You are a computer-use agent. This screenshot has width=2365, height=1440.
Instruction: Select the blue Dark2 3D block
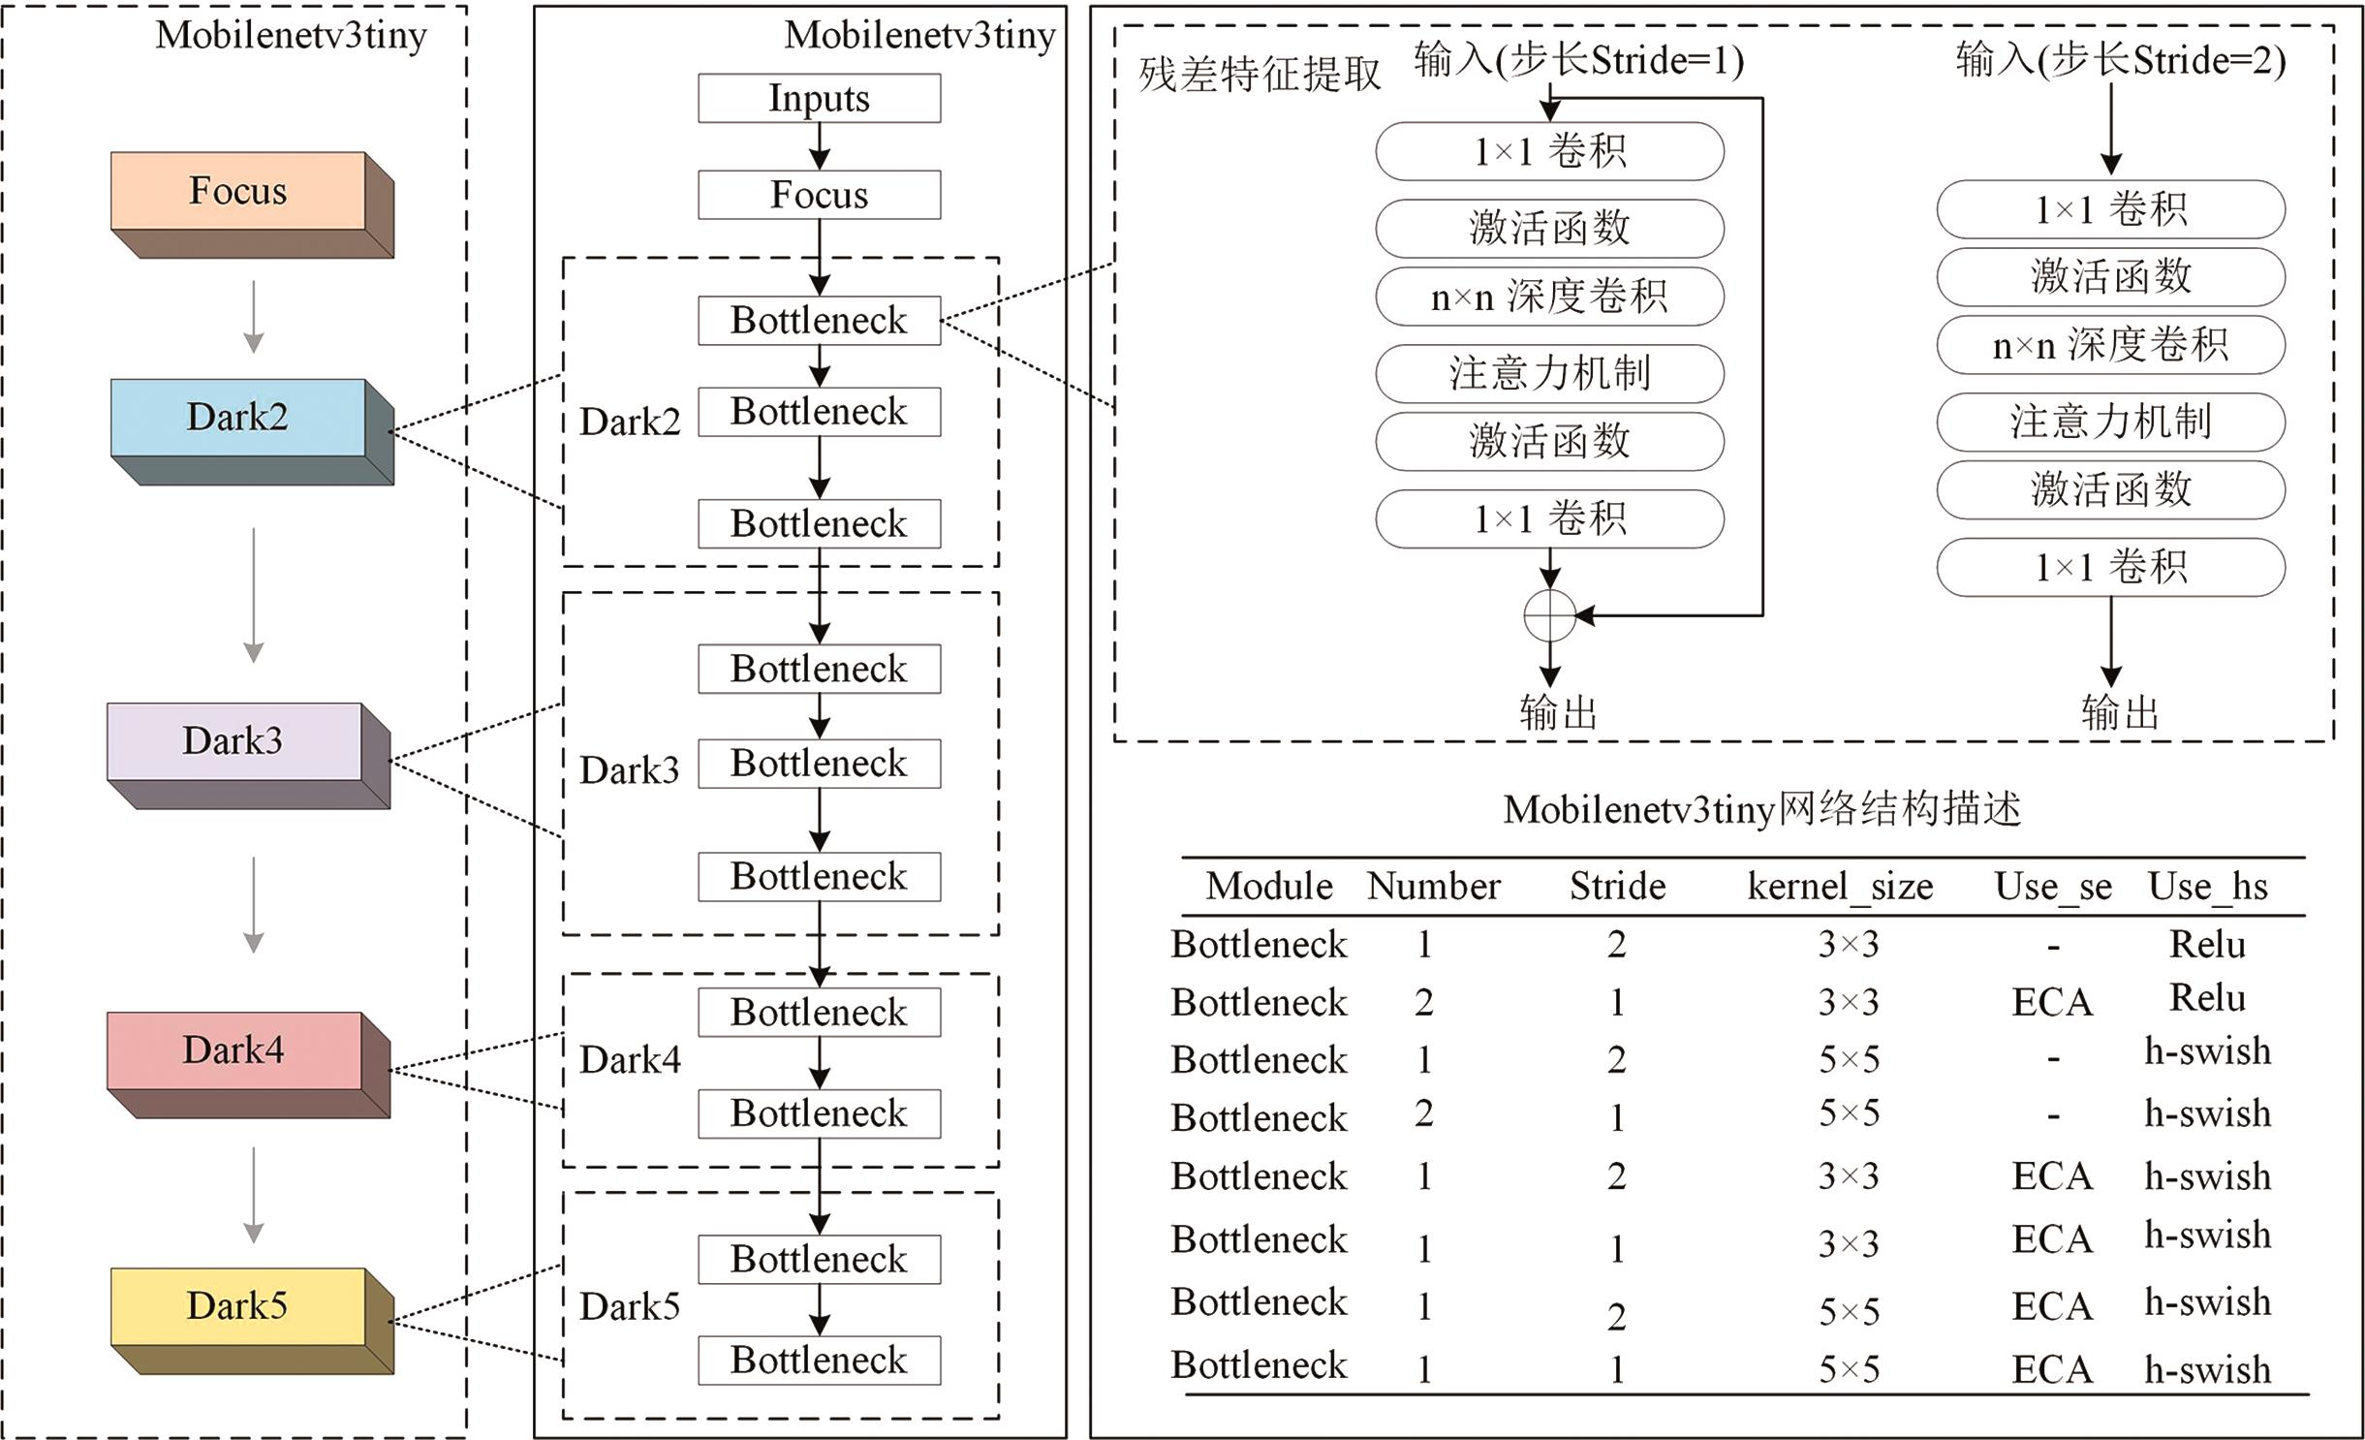tap(238, 418)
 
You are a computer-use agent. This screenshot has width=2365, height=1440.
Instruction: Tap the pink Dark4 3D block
tap(234, 1050)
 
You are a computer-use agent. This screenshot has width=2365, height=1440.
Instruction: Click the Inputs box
tap(819, 99)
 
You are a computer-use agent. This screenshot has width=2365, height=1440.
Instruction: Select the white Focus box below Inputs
tap(819, 195)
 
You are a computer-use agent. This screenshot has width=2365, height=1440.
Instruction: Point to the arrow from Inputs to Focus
tap(820, 146)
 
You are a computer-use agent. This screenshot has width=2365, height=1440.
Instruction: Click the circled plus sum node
tap(1549, 615)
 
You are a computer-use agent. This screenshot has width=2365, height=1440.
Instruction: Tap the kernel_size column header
tap(1840, 887)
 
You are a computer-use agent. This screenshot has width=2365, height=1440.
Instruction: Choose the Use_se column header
tap(2053, 887)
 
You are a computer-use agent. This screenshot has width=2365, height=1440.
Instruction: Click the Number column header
tap(1434, 887)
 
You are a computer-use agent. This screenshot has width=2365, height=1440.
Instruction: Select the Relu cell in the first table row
tap(2207, 944)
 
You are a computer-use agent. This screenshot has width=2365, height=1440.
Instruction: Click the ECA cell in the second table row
tap(2052, 1002)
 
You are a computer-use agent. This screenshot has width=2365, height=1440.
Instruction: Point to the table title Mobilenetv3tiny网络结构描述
tap(1761, 809)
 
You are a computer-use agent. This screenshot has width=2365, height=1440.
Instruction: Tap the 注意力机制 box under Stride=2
tap(2110, 423)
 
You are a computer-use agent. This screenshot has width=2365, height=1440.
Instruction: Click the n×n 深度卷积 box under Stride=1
tap(1549, 297)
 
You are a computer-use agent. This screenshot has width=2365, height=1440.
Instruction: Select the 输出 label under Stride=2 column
tap(2120, 713)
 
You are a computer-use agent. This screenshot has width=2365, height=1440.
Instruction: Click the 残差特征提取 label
tap(1260, 75)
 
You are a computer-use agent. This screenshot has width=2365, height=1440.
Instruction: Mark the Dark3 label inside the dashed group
tap(630, 770)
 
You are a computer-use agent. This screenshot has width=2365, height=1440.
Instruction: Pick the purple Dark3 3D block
tap(234, 741)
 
